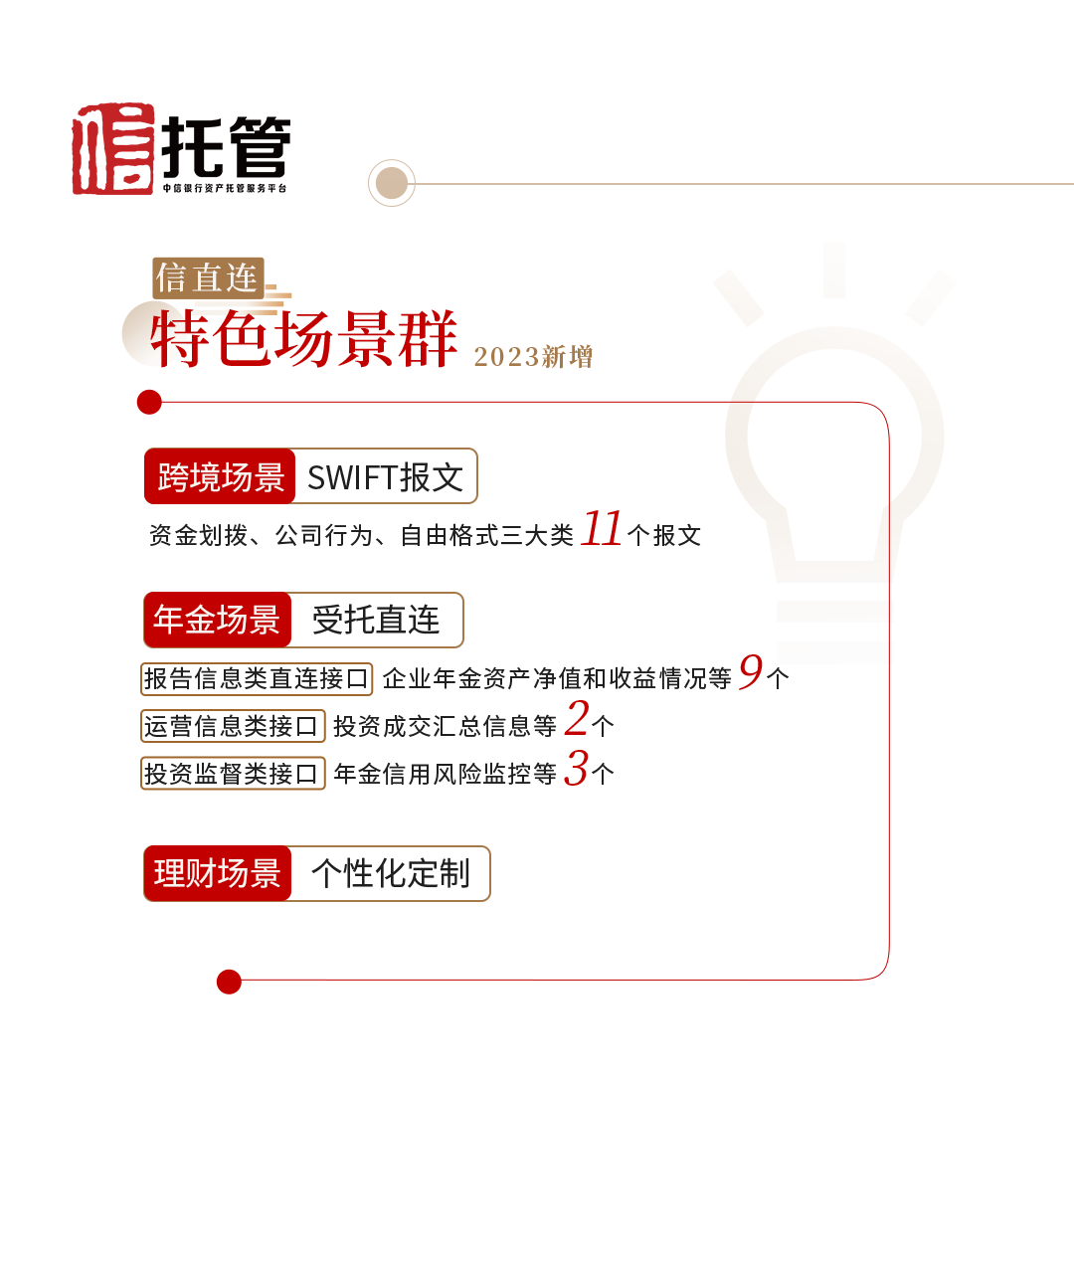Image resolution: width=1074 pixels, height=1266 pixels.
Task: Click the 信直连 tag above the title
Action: click(207, 278)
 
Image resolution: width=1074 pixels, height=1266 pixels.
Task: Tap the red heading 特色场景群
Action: click(303, 339)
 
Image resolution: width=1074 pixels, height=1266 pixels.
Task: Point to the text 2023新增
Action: click(533, 357)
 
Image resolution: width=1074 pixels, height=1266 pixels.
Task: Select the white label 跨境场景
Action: click(221, 477)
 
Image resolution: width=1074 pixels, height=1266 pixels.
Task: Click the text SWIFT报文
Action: click(385, 477)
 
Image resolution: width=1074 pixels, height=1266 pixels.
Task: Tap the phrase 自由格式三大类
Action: click(486, 536)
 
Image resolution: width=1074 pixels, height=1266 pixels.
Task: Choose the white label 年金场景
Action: click(217, 620)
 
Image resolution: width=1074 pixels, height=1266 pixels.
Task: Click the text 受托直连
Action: click(376, 620)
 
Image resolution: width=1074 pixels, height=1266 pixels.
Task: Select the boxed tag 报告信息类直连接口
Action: click(257, 679)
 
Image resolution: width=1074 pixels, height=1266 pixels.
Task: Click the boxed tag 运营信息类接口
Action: click(232, 727)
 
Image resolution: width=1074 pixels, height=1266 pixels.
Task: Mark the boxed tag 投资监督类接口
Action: click(232, 774)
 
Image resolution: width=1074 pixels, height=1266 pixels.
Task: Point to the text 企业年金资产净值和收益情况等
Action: click(557, 679)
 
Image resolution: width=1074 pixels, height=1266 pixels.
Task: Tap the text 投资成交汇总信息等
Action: click(445, 727)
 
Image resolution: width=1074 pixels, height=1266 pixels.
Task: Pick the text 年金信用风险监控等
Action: click(445, 774)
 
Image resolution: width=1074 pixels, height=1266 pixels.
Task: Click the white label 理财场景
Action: click(217, 873)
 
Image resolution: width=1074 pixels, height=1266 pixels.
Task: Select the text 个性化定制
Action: click(390, 873)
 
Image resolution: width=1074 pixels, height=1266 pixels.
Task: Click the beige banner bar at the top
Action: click(716, 183)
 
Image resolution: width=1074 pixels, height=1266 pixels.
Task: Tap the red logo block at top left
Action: click(116, 148)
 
